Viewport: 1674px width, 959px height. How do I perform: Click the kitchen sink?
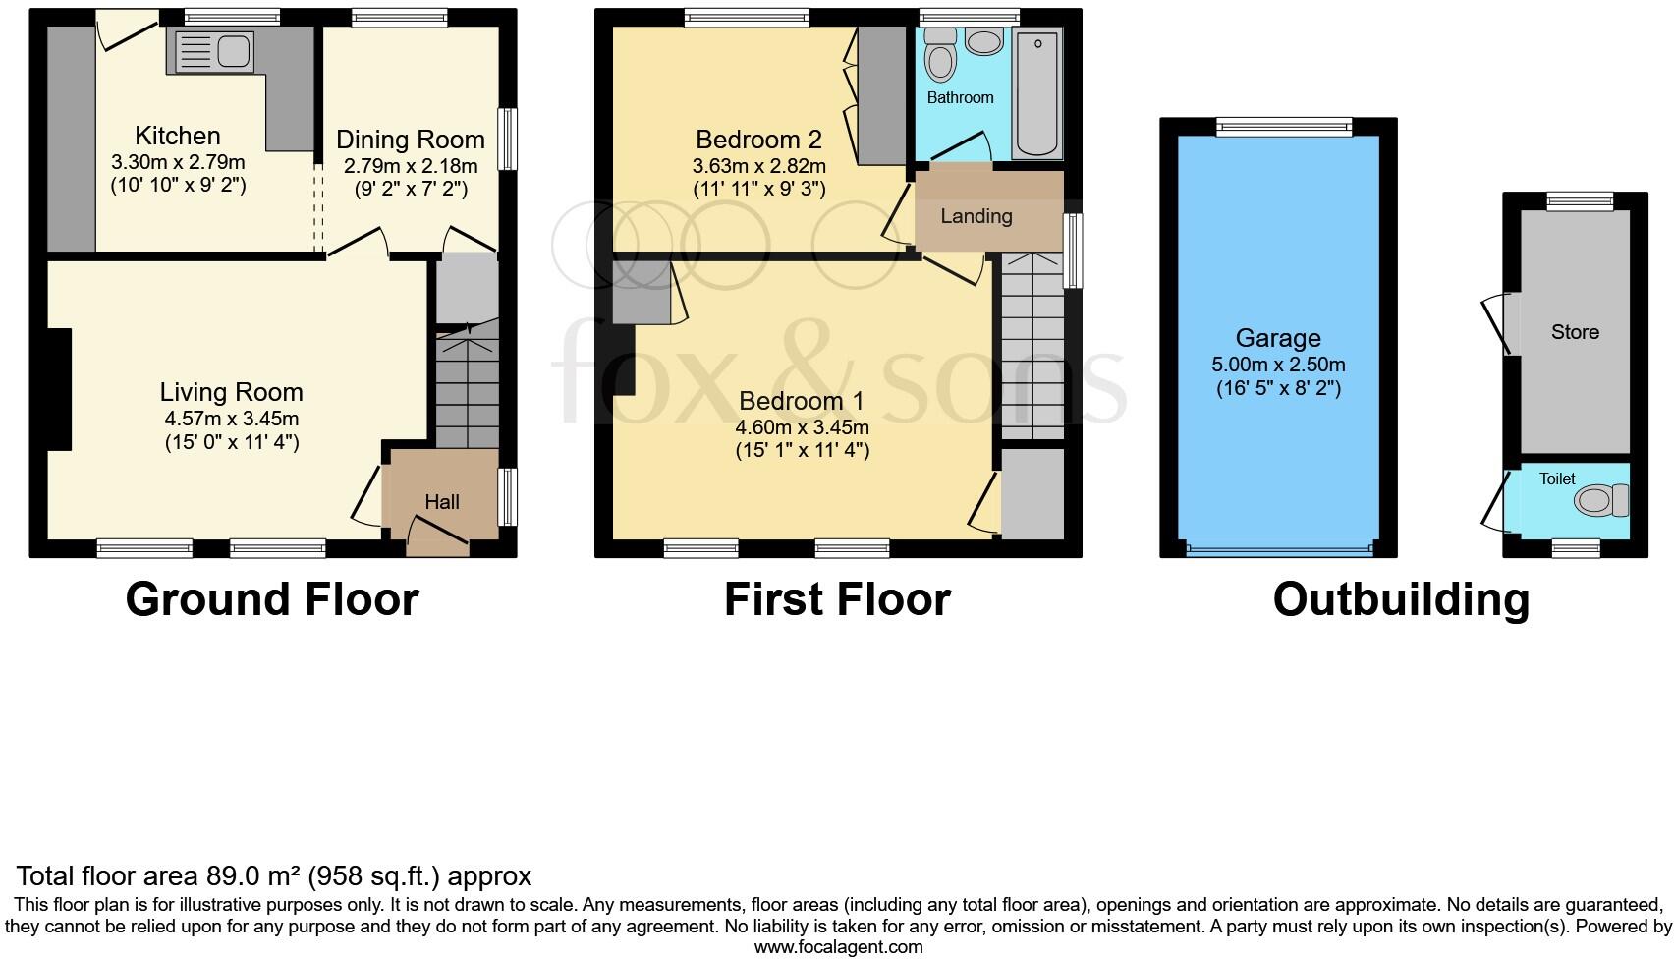click(213, 52)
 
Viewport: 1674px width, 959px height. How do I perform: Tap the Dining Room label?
click(411, 140)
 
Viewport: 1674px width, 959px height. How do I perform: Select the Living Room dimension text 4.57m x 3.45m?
click(232, 419)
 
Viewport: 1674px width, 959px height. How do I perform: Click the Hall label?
click(442, 502)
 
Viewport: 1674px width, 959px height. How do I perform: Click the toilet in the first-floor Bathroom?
click(940, 57)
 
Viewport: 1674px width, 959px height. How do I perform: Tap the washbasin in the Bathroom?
click(982, 41)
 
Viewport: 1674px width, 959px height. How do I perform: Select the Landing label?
click(976, 216)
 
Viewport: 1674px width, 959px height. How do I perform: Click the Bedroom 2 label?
click(758, 140)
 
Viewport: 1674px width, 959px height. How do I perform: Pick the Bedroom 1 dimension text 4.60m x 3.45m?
click(802, 427)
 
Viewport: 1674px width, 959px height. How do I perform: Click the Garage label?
click(1277, 338)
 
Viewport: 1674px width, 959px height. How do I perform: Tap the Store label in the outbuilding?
click(1575, 332)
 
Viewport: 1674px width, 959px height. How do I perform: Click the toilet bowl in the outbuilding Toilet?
click(1598, 502)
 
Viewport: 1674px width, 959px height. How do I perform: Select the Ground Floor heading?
click(272, 599)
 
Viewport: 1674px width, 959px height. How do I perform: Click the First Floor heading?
click(837, 599)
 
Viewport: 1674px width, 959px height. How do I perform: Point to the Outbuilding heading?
click(1401, 599)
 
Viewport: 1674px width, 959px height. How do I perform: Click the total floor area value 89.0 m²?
click(254, 876)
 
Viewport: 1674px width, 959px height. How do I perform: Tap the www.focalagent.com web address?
click(838, 948)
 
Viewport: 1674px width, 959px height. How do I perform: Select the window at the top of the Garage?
click(1283, 126)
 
